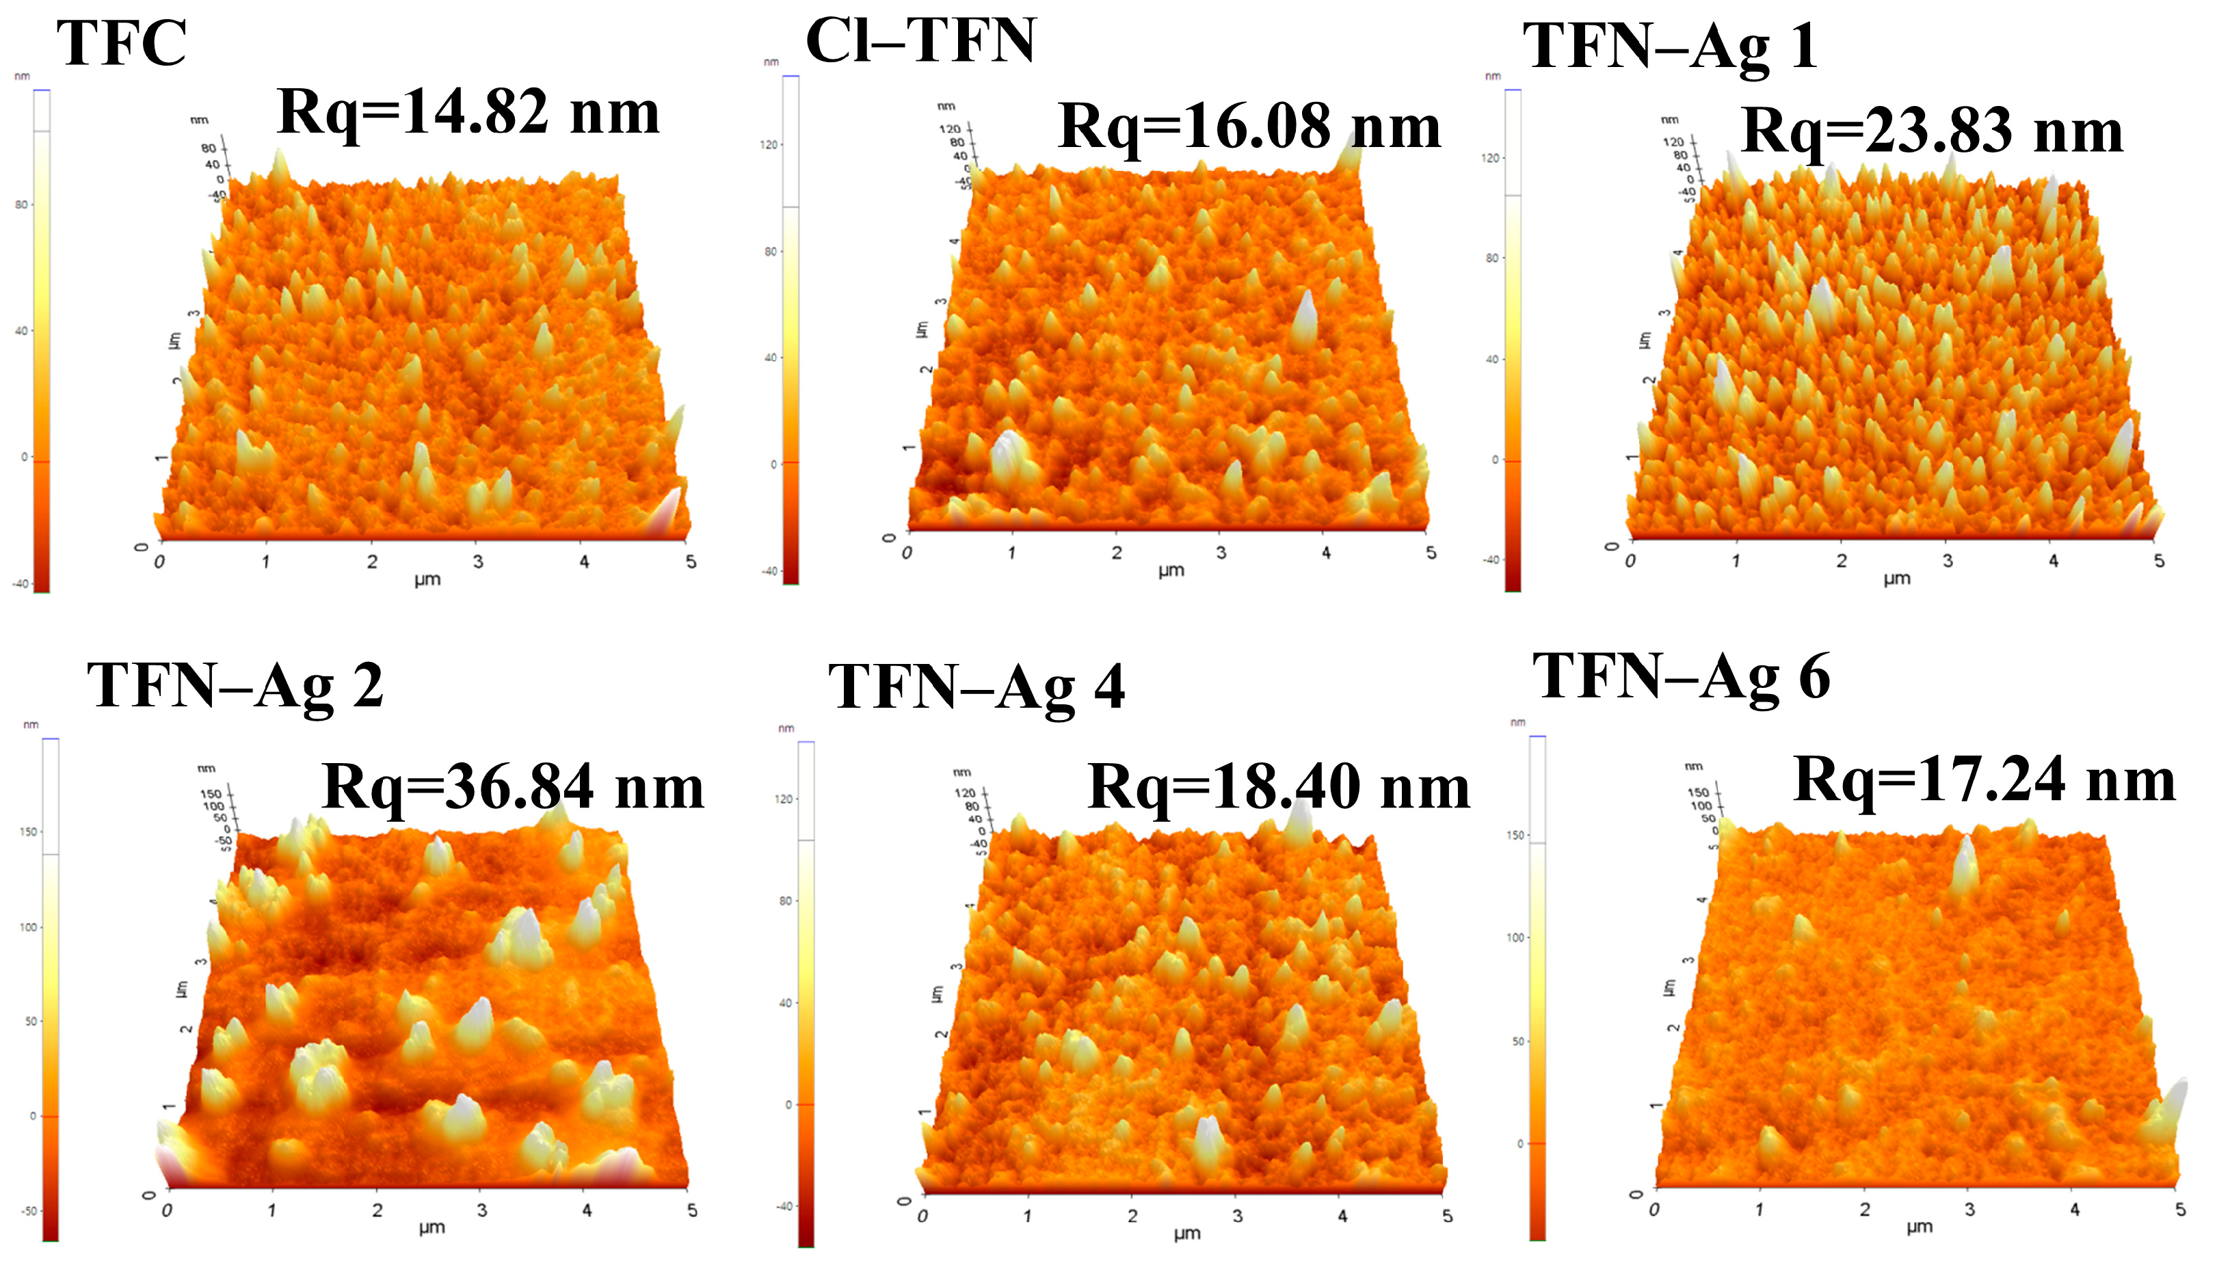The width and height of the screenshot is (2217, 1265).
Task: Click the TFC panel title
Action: pos(122,44)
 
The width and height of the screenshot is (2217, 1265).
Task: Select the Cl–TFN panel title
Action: pos(921,41)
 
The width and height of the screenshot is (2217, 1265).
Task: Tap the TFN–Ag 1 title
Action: pos(1670,46)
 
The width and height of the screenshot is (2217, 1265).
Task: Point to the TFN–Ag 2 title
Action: pos(235,686)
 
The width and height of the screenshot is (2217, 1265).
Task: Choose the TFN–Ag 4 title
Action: pos(977,687)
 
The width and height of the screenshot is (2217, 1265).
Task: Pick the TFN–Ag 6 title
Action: pos(1681,677)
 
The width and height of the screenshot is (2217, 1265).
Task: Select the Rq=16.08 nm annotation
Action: pos(1249,127)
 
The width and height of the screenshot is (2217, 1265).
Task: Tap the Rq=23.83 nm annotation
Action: pos(1932,132)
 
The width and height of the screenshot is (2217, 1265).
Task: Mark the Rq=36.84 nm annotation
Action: pos(513,787)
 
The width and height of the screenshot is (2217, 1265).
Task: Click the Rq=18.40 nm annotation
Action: pos(1278,787)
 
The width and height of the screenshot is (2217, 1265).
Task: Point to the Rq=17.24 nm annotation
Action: pos(1984,780)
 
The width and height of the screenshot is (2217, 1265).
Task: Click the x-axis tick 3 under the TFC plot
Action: pos(478,562)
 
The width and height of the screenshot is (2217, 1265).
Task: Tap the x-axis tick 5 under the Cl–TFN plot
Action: pos(1431,552)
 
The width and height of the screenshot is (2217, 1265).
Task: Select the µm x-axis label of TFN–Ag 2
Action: pos(432,1227)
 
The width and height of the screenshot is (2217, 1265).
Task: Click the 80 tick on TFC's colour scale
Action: pos(22,205)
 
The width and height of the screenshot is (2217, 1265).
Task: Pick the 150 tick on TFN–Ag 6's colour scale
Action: pos(1516,835)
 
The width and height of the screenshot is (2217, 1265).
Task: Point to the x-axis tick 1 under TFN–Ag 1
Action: pos(1736,561)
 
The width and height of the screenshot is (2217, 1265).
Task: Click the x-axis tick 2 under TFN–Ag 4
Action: pos(1132,1216)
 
